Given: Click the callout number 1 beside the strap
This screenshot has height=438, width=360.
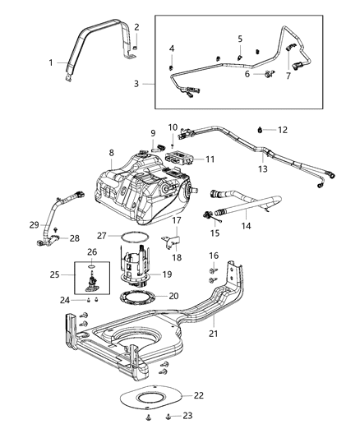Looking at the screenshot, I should pos(50,63).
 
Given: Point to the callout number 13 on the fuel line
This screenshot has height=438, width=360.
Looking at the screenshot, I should pos(264,168).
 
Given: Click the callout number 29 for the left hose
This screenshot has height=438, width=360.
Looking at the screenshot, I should pos(34,224).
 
